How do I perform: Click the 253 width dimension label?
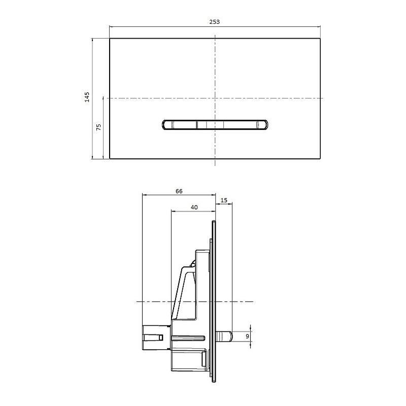pyautogui.click(x=214, y=22)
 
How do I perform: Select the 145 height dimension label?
pyautogui.click(x=87, y=97)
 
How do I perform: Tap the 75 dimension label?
pyautogui.click(x=98, y=127)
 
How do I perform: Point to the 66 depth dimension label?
pyautogui.click(x=179, y=191)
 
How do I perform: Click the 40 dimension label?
pyautogui.click(x=194, y=207)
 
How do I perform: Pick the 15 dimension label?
pyautogui.click(x=224, y=200)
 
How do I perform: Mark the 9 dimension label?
pyautogui.click(x=248, y=336)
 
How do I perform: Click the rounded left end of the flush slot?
pyautogui.click(x=167, y=124)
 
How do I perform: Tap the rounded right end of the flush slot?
pyautogui.click(x=262, y=124)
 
